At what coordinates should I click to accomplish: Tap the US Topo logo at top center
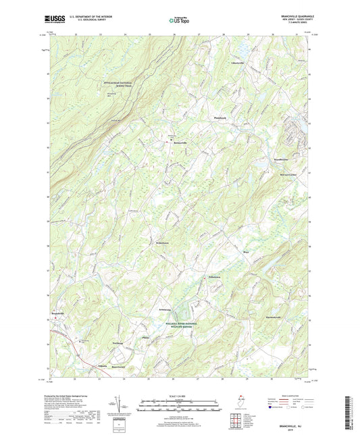click(178, 21)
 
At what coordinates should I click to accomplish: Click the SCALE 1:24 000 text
click(179, 396)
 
